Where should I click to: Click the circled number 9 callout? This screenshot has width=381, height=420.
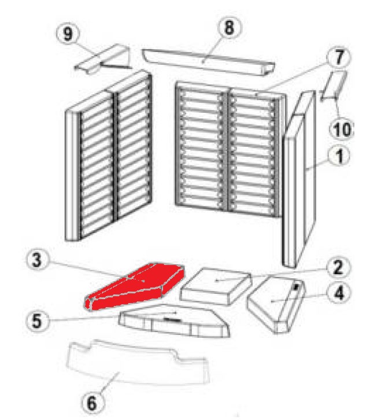click(68, 34)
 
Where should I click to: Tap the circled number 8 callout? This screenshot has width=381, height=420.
click(228, 27)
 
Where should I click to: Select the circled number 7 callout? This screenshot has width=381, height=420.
click(339, 57)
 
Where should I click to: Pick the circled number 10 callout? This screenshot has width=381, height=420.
click(342, 130)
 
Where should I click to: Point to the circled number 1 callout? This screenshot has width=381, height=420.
click(339, 156)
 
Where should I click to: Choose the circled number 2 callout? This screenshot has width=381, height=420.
click(338, 267)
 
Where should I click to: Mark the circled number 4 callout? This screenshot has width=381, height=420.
click(339, 292)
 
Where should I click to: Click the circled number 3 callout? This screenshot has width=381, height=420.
click(37, 260)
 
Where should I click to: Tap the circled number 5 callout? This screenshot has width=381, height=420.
click(37, 320)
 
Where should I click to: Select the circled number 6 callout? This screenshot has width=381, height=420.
click(91, 403)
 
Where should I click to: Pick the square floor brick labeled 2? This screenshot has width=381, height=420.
click(216, 286)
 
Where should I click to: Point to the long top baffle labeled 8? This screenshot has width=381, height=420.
click(208, 62)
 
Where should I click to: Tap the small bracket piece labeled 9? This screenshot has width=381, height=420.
click(102, 58)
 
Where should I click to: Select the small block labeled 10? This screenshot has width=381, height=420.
click(334, 86)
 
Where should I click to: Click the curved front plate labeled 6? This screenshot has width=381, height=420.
click(138, 362)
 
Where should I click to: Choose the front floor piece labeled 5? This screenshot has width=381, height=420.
click(174, 320)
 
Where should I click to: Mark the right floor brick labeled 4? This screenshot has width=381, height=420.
click(276, 305)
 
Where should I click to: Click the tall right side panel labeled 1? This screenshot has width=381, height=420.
click(300, 179)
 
